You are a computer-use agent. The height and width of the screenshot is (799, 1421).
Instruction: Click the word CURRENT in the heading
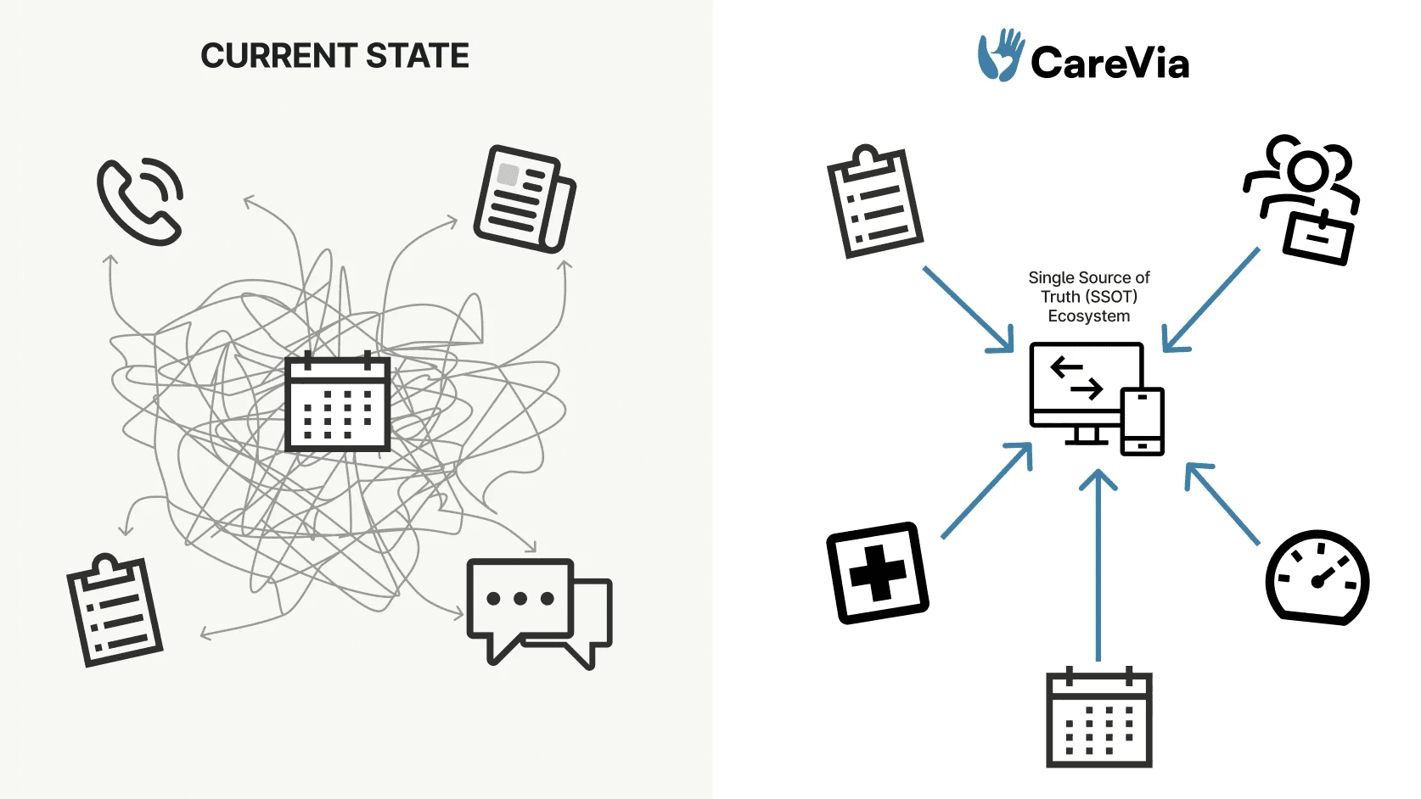tap(278, 56)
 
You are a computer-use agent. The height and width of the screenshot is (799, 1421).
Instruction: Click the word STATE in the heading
tap(418, 56)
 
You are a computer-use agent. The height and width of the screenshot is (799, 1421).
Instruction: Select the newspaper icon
tap(524, 199)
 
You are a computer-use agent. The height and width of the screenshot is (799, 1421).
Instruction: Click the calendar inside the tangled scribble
tap(337, 401)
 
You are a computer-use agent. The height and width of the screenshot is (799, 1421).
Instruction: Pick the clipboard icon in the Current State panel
tap(115, 611)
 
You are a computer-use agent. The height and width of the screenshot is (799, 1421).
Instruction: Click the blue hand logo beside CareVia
tap(999, 56)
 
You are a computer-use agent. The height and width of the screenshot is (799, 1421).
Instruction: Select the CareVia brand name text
tap(1109, 63)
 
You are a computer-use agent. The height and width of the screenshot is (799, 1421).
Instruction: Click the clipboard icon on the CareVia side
tap(875, 202)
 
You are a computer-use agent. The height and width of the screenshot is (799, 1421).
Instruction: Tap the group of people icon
tap(1303, 199)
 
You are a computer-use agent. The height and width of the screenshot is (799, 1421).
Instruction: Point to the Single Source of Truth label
tap(1089, 297)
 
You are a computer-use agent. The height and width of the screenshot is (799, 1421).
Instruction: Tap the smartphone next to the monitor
tap(1143, 422)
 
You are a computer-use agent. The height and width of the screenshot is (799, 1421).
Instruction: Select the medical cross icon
tap(878, 573)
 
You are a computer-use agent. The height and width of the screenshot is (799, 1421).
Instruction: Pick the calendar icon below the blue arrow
tap(1099, 718)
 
